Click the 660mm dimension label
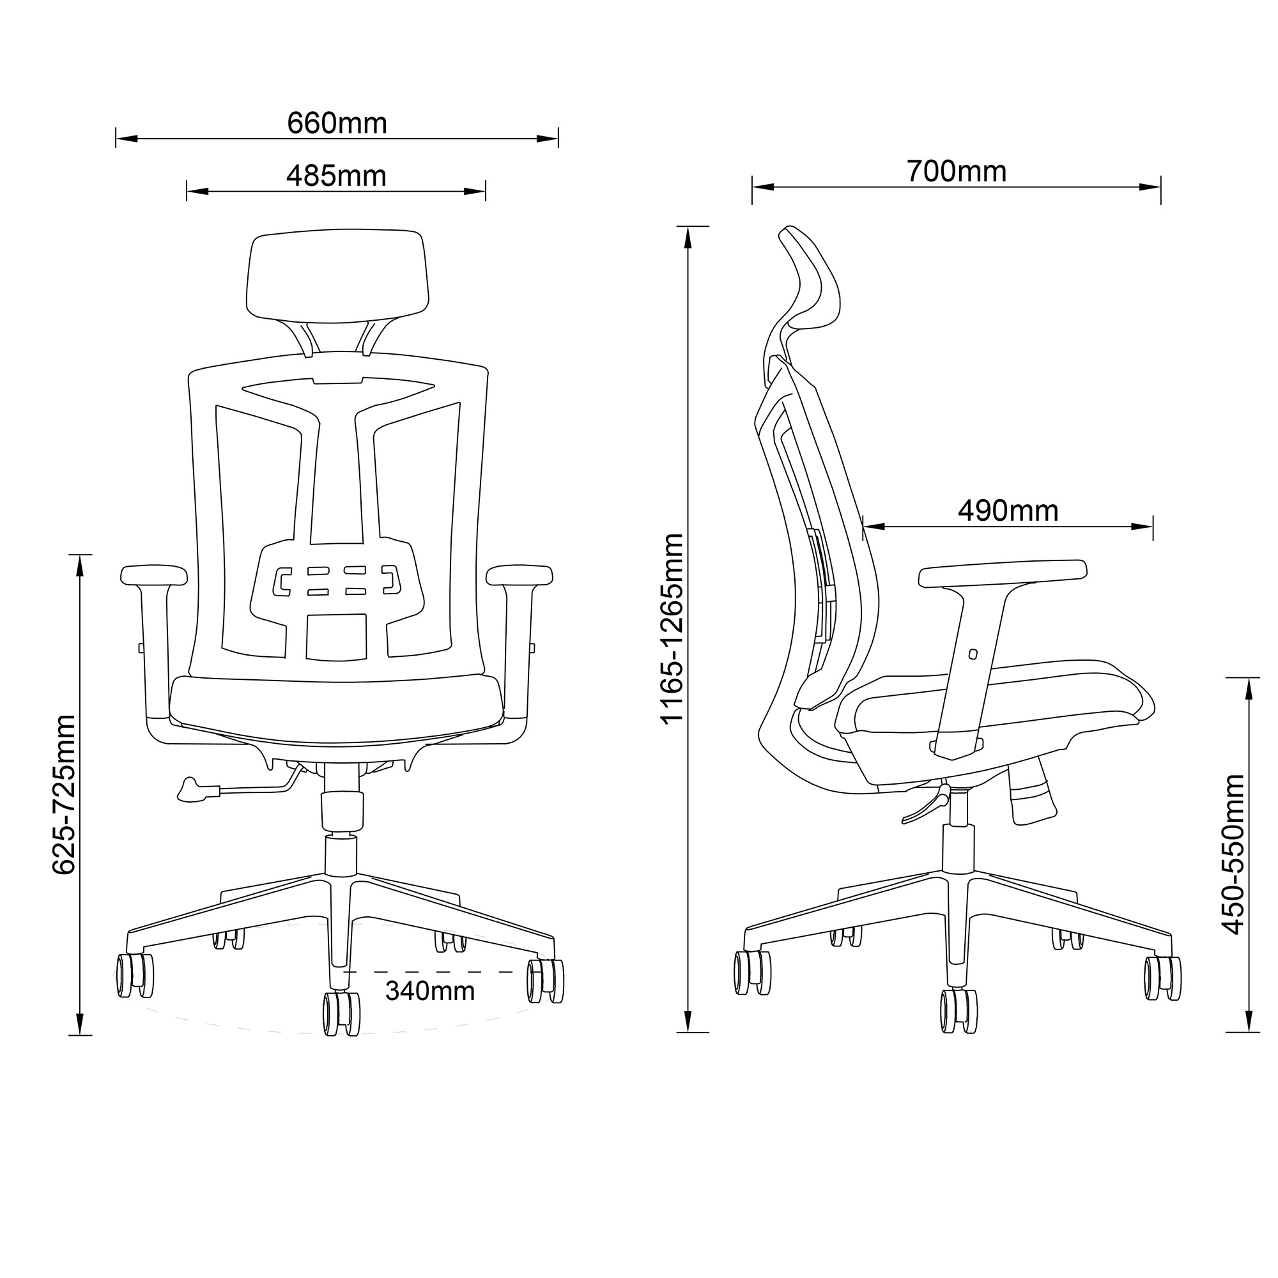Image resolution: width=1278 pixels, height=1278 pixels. [x=337, y=124]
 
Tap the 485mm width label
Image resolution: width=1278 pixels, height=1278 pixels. [x=336, y=176]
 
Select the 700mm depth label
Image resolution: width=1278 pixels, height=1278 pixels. [x=956, y=171]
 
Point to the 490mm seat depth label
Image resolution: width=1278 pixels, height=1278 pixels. [x=1008, y=511]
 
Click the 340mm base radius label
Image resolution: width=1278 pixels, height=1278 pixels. [x=430, y=991]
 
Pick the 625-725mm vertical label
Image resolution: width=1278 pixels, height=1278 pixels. [x=65, y=794]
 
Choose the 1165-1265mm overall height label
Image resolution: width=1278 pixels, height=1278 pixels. [x=673, y=629]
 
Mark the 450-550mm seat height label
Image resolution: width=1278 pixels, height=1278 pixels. [x=1233, y=854]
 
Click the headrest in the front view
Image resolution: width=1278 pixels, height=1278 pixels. [x=337, y=276]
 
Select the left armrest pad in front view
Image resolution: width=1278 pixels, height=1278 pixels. [x=154, y=574]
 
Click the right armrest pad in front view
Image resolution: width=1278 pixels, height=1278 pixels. [x=520, y=574]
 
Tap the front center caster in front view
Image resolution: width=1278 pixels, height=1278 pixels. [x=341, y=1013]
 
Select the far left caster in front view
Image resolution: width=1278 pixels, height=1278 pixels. [x=135, y=975]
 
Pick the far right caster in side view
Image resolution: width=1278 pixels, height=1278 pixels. [x=1162, y=978]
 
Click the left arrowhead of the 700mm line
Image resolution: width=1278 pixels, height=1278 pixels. [x=763, y=187]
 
